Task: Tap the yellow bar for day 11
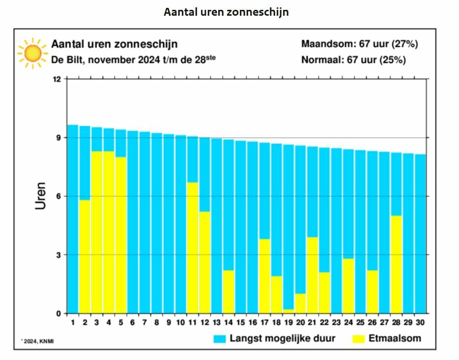click(193, 248)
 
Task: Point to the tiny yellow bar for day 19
click(288, 311)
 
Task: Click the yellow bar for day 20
click(300, 303)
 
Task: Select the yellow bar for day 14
click(229, 292)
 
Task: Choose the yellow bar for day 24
click(348, 286)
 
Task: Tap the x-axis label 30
click(420, 323)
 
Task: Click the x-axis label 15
click(240, 323)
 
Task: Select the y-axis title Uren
click(41, 196)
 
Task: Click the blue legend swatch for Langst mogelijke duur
click(219, 339)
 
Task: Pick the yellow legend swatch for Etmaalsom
click(359, 339)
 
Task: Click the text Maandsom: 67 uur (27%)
click(359, 44)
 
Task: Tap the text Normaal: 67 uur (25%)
click(353, 60)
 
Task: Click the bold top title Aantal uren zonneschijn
click(226, 12)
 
